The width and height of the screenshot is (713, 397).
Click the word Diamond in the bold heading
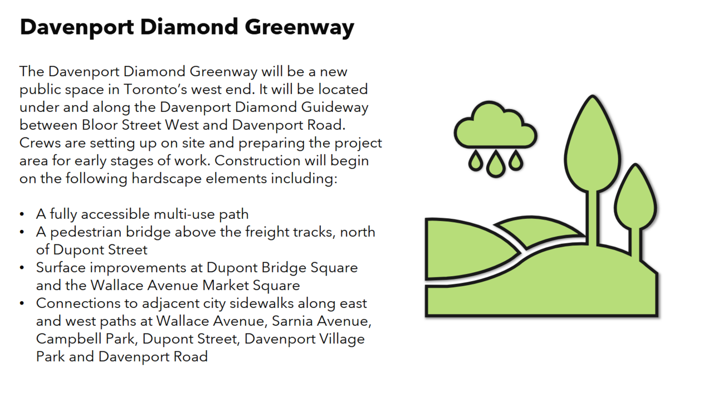click(x=189, y=27)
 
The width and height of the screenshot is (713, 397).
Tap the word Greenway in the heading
click(x=299, y=28)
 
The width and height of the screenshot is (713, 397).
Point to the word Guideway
click(x=335, y=108)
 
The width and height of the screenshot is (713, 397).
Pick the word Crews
click(x=40, y=143)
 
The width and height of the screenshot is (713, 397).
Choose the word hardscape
click(x=167, y=179)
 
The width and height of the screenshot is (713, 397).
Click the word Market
click(x=226, y=285)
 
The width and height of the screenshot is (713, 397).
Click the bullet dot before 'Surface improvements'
click(x=22, y=267)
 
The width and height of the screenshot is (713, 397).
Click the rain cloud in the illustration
click(x=495, y=125)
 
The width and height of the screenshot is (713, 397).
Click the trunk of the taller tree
click(x=592, y=218)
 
